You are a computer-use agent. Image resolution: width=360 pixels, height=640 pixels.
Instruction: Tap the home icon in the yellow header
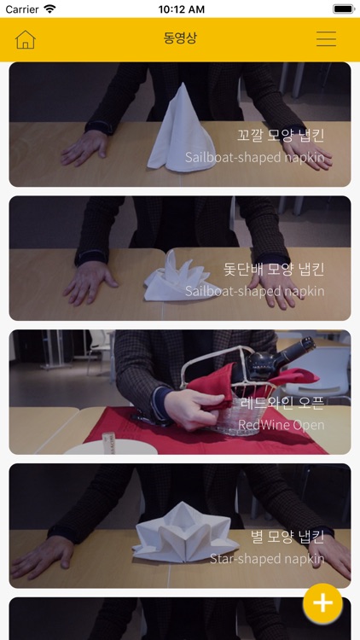point(26,39)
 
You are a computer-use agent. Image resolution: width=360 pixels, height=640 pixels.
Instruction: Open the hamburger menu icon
point(326,39)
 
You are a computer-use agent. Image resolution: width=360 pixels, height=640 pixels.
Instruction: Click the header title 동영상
point(180,39)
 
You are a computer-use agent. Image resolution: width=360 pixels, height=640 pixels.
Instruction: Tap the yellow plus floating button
point(322,603)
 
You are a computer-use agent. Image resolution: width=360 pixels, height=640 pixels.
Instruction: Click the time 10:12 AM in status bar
point(180,9)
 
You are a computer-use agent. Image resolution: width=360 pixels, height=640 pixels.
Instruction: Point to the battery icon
point(343,9)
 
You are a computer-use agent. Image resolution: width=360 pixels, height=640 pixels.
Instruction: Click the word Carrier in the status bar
point(22,9)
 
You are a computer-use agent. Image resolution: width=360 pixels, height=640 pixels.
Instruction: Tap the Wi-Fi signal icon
point(50,9)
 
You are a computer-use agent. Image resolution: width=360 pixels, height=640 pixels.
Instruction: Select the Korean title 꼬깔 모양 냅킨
point(281,136)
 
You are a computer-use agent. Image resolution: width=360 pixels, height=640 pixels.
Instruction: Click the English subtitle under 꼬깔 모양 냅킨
point(254,157)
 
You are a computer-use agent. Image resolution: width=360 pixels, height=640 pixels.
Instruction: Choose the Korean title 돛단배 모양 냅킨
point(274,270)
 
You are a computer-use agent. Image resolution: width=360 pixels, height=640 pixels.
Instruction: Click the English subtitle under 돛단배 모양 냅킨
point(254,291)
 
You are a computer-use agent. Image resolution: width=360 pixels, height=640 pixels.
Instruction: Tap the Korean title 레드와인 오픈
point(282,403)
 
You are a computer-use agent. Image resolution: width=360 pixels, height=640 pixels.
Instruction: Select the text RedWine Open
point(281,424)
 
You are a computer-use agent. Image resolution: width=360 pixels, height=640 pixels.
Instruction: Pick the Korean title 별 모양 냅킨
point(287,537)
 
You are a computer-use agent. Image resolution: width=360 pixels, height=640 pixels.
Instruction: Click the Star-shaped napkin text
point(267,558)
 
